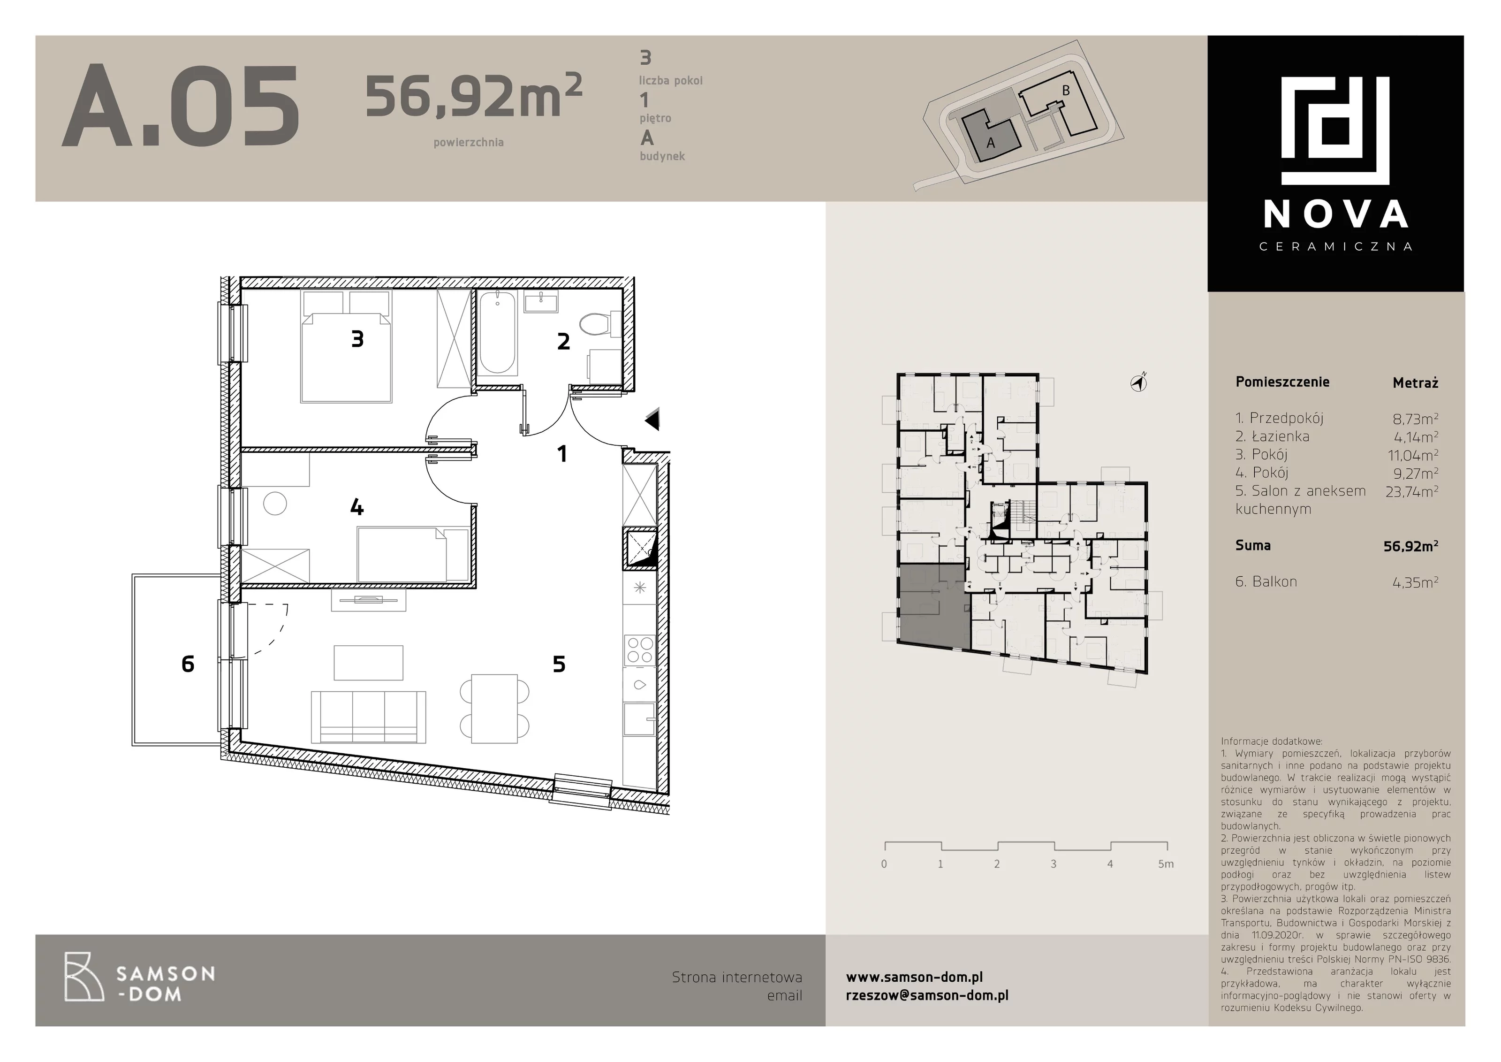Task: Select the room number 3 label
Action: click(x=357, y=339)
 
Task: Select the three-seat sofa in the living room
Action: click(x=368, y=717)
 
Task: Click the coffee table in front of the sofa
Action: click(x=368, y=663)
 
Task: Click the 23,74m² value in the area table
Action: click(x=1411, y=492)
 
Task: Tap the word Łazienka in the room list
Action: click(x=1280, y=436)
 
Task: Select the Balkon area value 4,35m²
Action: click(x=1415, y=582)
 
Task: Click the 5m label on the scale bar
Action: click(x=1166, y=864)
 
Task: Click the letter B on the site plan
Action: click(x=1066, y=91)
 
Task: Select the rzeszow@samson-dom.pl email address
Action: click(x=927, y=995)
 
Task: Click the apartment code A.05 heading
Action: click(x=181, y=106)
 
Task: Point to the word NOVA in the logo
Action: click(x=1335, y=214)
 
